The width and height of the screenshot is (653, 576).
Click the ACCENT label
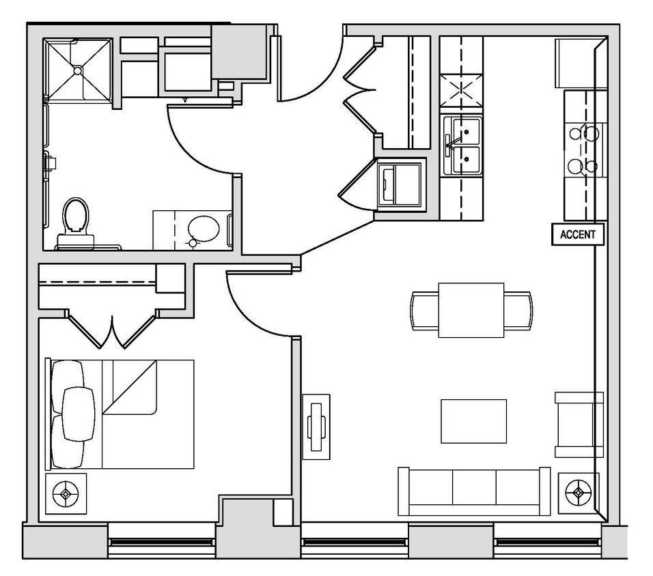tap(577, 235)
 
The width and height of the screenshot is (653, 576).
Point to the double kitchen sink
tap(462, 145)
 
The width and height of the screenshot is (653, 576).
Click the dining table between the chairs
tap(471, 310)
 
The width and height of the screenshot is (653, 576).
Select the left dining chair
tap(424, 311)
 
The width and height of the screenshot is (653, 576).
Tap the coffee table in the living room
tap(473, 421)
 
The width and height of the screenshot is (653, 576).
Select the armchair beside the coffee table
tap(579, 424)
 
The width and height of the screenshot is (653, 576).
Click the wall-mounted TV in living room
tap(316, 427)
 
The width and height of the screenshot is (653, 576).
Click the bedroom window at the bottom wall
tap(162, 543)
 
